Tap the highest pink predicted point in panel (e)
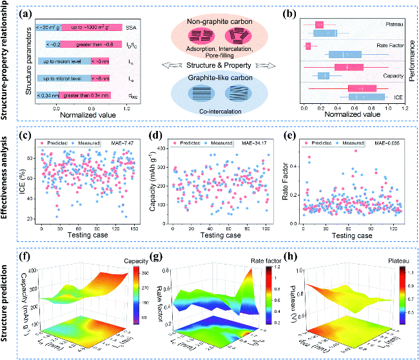[355, 151]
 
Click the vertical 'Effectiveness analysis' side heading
[7, 187]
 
